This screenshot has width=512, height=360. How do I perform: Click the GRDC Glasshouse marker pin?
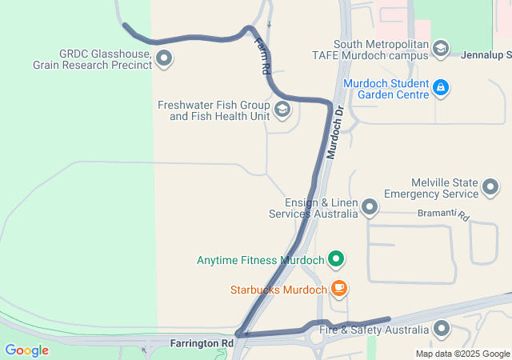pyautogui.click(x=165, y=58)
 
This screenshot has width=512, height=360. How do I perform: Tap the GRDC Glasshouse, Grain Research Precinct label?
pyautogui.click(x=93, y=59)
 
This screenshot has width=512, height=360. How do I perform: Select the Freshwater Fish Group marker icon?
pyautogui.click(x=282, y=110)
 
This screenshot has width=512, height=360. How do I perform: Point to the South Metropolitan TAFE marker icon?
pyautogui.click(x=440, y=50)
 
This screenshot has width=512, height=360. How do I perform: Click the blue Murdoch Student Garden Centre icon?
pyautogui.click(x=439, y=87)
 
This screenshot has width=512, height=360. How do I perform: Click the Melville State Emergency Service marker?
pyautogui.click(x=491, y=188)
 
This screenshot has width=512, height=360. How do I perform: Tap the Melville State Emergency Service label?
pyautogui.click(x=431, y=188)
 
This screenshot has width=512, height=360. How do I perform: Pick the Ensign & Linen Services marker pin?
pyautogui.click(x=370, y=208)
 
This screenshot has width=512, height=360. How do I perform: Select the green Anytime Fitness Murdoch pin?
pyautogui.click(x=337, y=259)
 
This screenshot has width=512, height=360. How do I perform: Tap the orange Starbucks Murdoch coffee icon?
pyautogui.click(x=339, y=288)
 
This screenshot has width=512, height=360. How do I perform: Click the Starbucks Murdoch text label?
pyautogui.click(x=278, y=290)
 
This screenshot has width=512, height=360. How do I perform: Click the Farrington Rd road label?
pyautogui.click(x=202, y=343)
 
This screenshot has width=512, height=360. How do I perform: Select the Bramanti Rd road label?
pyautogui.click(x=442, y=214)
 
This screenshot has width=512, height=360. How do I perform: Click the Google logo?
pyautogui.click(x=26, y=350)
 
